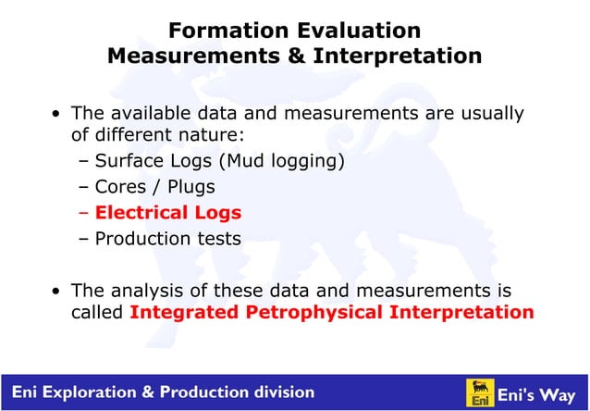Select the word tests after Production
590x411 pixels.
point(218,239)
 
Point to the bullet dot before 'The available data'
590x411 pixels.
point(57,115)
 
